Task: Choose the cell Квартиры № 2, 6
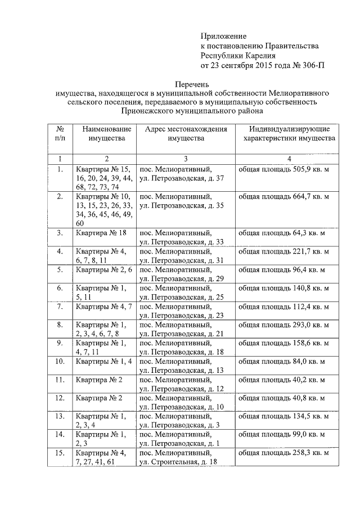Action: click(103, 269)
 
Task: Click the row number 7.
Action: click(60, 307)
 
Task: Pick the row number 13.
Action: click(60, 417)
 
